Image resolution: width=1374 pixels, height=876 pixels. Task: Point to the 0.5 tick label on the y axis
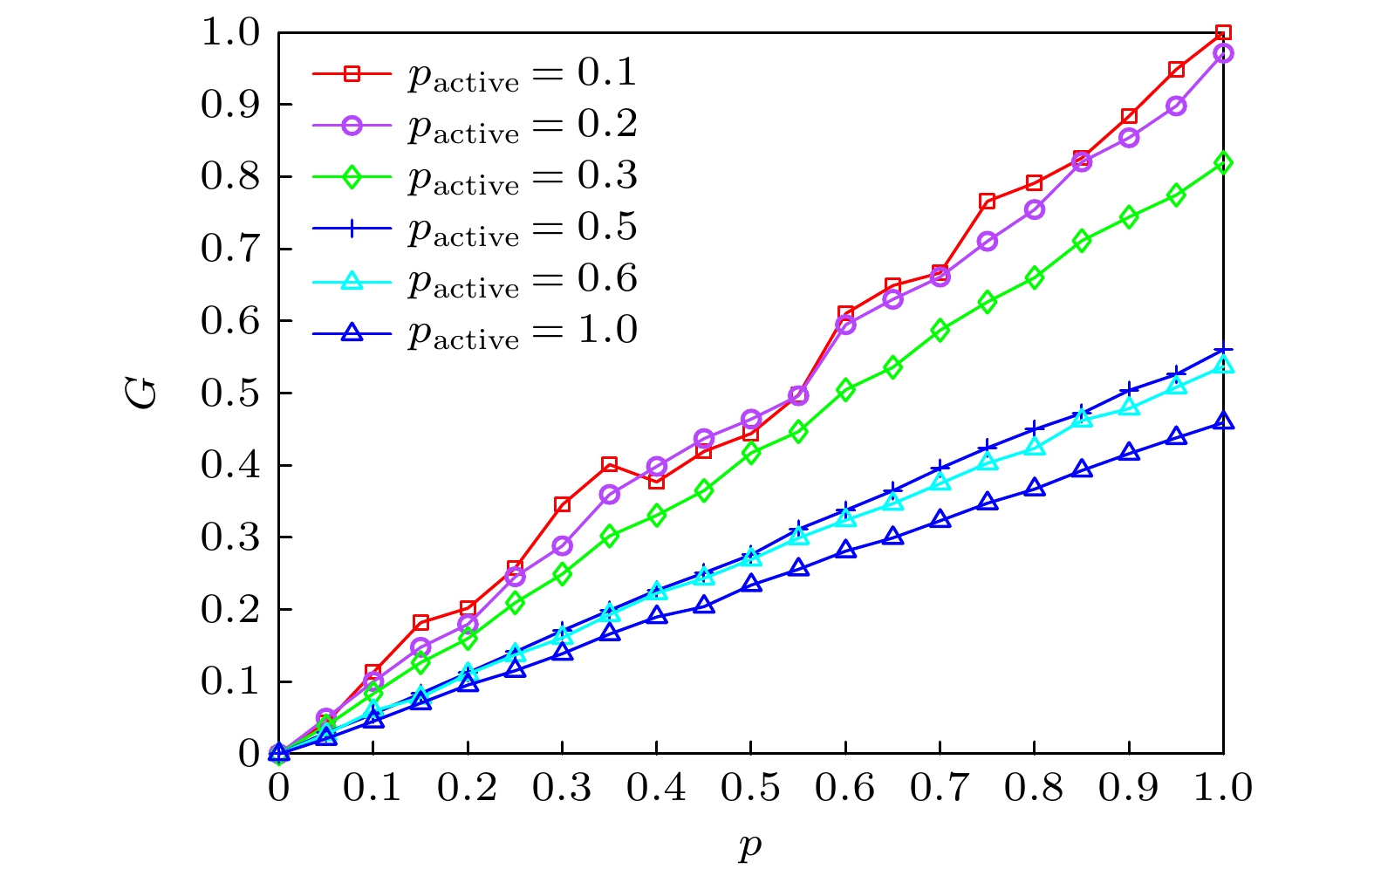(x=230, y=394)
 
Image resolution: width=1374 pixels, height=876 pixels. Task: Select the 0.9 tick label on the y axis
(x=230, y=105)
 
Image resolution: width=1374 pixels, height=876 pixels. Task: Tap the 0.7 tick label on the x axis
(x=940, y=788)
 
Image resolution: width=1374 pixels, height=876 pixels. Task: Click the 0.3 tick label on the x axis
(x=562, y=788)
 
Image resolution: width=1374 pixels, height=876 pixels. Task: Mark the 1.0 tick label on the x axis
(x=1223, y=788)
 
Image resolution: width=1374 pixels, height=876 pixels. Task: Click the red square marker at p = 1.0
(x=1223, y=33)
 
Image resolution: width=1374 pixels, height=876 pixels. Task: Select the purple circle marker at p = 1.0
(x=1223, y=53)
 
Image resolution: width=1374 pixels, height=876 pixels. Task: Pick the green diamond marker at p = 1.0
(x=1223, y=162)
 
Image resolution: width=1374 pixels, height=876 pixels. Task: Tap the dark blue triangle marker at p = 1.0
(x=1223, y=421)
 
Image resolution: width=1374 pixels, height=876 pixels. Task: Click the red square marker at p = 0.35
(x=609, y=464)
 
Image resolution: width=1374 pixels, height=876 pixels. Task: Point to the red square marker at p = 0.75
(x=987, y=202)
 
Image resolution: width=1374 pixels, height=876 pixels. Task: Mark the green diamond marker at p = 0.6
(x=845, y=390)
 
